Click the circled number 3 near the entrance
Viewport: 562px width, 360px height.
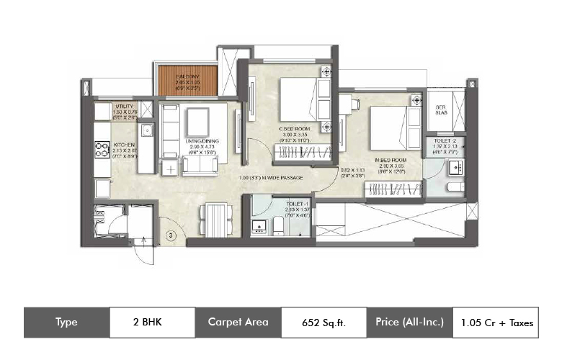click(171, 235)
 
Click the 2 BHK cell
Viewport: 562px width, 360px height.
click(152, 322)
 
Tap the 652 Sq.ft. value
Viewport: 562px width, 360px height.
click(324, 322)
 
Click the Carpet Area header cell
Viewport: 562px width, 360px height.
click(238, 322)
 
